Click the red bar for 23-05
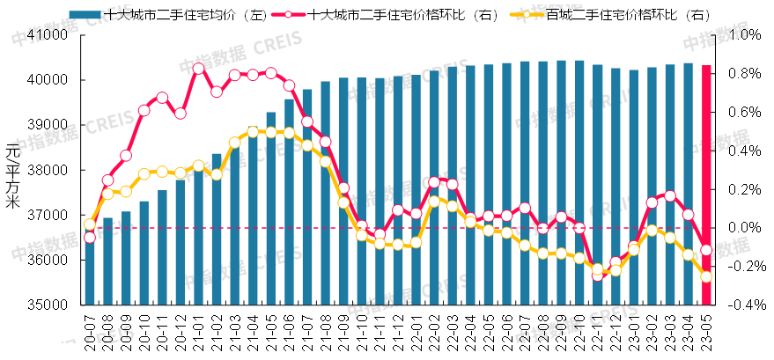(706, 185)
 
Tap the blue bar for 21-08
(325, 194)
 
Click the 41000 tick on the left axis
(49, 35)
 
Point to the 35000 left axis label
(49, 305)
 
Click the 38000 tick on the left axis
(49, 171)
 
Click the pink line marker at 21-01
(198, 69)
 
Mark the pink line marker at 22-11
(598, 275)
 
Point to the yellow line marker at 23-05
(706, 276)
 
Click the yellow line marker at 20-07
(89, 224)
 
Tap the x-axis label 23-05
(707, 333)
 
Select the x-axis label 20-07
(90, 333)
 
